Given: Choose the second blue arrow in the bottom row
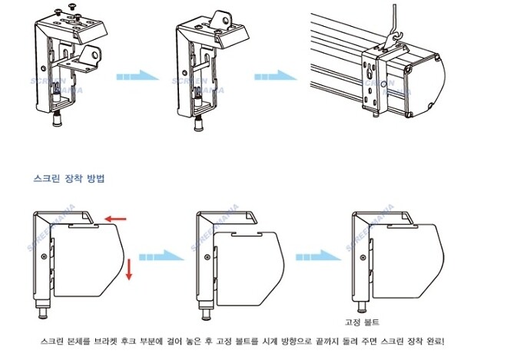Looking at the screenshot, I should [316, 254].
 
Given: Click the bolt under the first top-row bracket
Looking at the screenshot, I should [57, 119].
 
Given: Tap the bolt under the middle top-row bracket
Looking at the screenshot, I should [198, 120].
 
